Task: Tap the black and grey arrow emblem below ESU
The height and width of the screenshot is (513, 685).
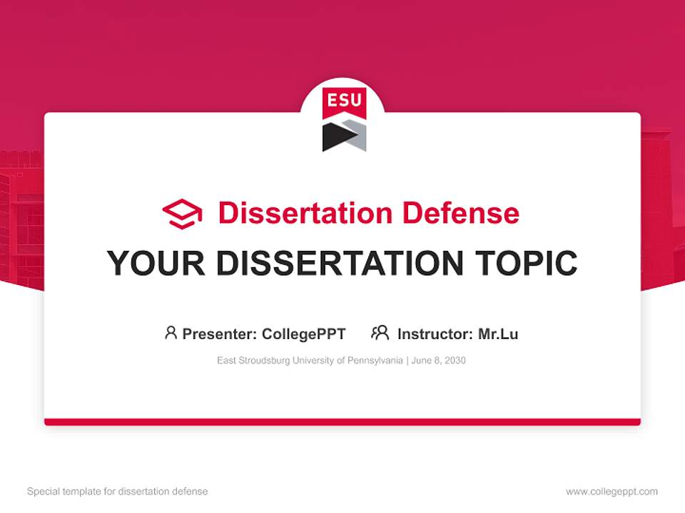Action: click(343, 135)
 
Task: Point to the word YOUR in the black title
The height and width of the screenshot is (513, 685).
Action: click(156, 264)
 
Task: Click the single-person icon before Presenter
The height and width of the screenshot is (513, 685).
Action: click(171, 333)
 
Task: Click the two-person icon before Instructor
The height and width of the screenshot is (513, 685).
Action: click(380, 333)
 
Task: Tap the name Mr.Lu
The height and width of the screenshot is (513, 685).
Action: click(498, 333)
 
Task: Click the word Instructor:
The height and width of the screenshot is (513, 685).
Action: click(435, 333)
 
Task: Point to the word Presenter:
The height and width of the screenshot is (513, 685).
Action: click(220, 333)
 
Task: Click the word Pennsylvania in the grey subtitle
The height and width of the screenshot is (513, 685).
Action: click(376, 361)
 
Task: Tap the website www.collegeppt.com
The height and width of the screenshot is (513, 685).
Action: click(612, 492)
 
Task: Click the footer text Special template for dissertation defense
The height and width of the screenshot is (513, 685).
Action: click(117, 492)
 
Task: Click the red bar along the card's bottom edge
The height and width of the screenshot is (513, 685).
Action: click(342, 422)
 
